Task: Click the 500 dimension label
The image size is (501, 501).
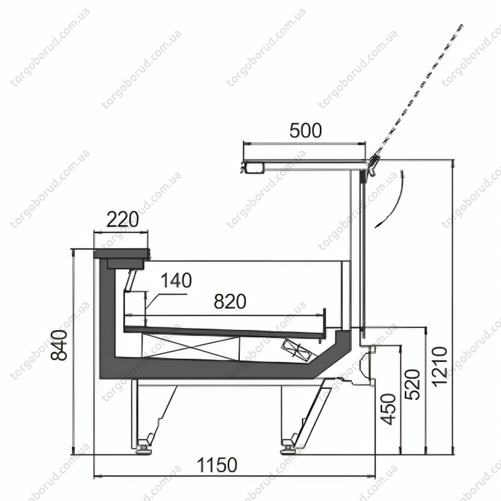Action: (305, 131)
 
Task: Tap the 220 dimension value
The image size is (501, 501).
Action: (122, 219)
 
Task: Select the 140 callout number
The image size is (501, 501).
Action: (176, 280)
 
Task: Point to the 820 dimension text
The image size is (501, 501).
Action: (230, 301)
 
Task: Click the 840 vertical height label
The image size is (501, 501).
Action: (59, 345)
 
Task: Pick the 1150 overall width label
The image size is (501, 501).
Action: (217, 465)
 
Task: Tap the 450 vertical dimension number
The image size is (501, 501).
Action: (389, 409)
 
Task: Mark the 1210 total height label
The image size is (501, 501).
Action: (440, 367)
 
